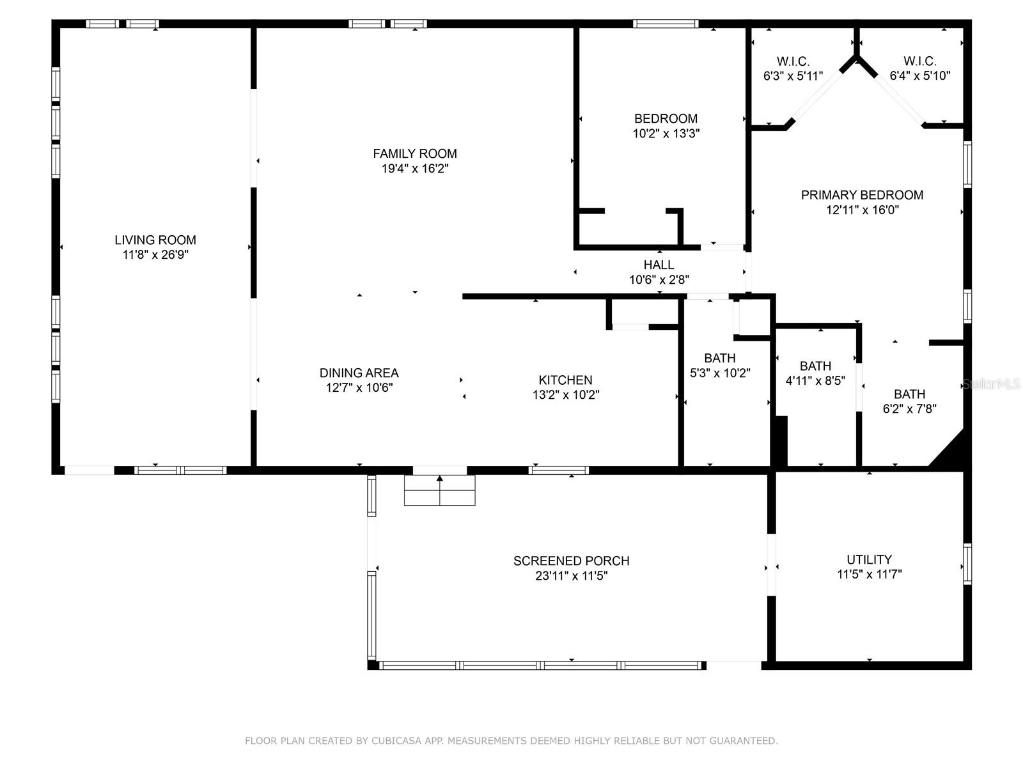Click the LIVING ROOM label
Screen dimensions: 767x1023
point(155,240)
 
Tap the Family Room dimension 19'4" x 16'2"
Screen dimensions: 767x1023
point(415,169)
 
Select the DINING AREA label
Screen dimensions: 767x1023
point(359,373)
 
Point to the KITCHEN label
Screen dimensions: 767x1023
point(565,380)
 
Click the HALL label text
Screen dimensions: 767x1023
point(659,265)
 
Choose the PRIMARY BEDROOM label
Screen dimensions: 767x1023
point(862,195)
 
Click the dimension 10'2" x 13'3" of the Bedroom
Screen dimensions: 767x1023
point(666,134)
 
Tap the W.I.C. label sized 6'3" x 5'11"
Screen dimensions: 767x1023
point(793,61)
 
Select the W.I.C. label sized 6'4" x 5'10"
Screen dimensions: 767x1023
point(919,61)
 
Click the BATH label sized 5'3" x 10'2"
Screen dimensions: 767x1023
point(720,358)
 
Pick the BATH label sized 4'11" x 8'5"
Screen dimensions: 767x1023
point(815,366)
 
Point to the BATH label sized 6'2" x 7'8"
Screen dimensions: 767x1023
point(909,394)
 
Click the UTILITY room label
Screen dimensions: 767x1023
point(869,559)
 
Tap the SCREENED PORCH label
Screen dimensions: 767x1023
point(571,561)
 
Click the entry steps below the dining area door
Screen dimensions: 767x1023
point(439,491)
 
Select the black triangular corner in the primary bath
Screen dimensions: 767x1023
point(952,453)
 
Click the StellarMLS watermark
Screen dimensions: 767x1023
point(991,384)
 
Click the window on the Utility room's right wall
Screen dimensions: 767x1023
point(967,564)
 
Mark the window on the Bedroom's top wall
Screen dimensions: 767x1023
point(666,24)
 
